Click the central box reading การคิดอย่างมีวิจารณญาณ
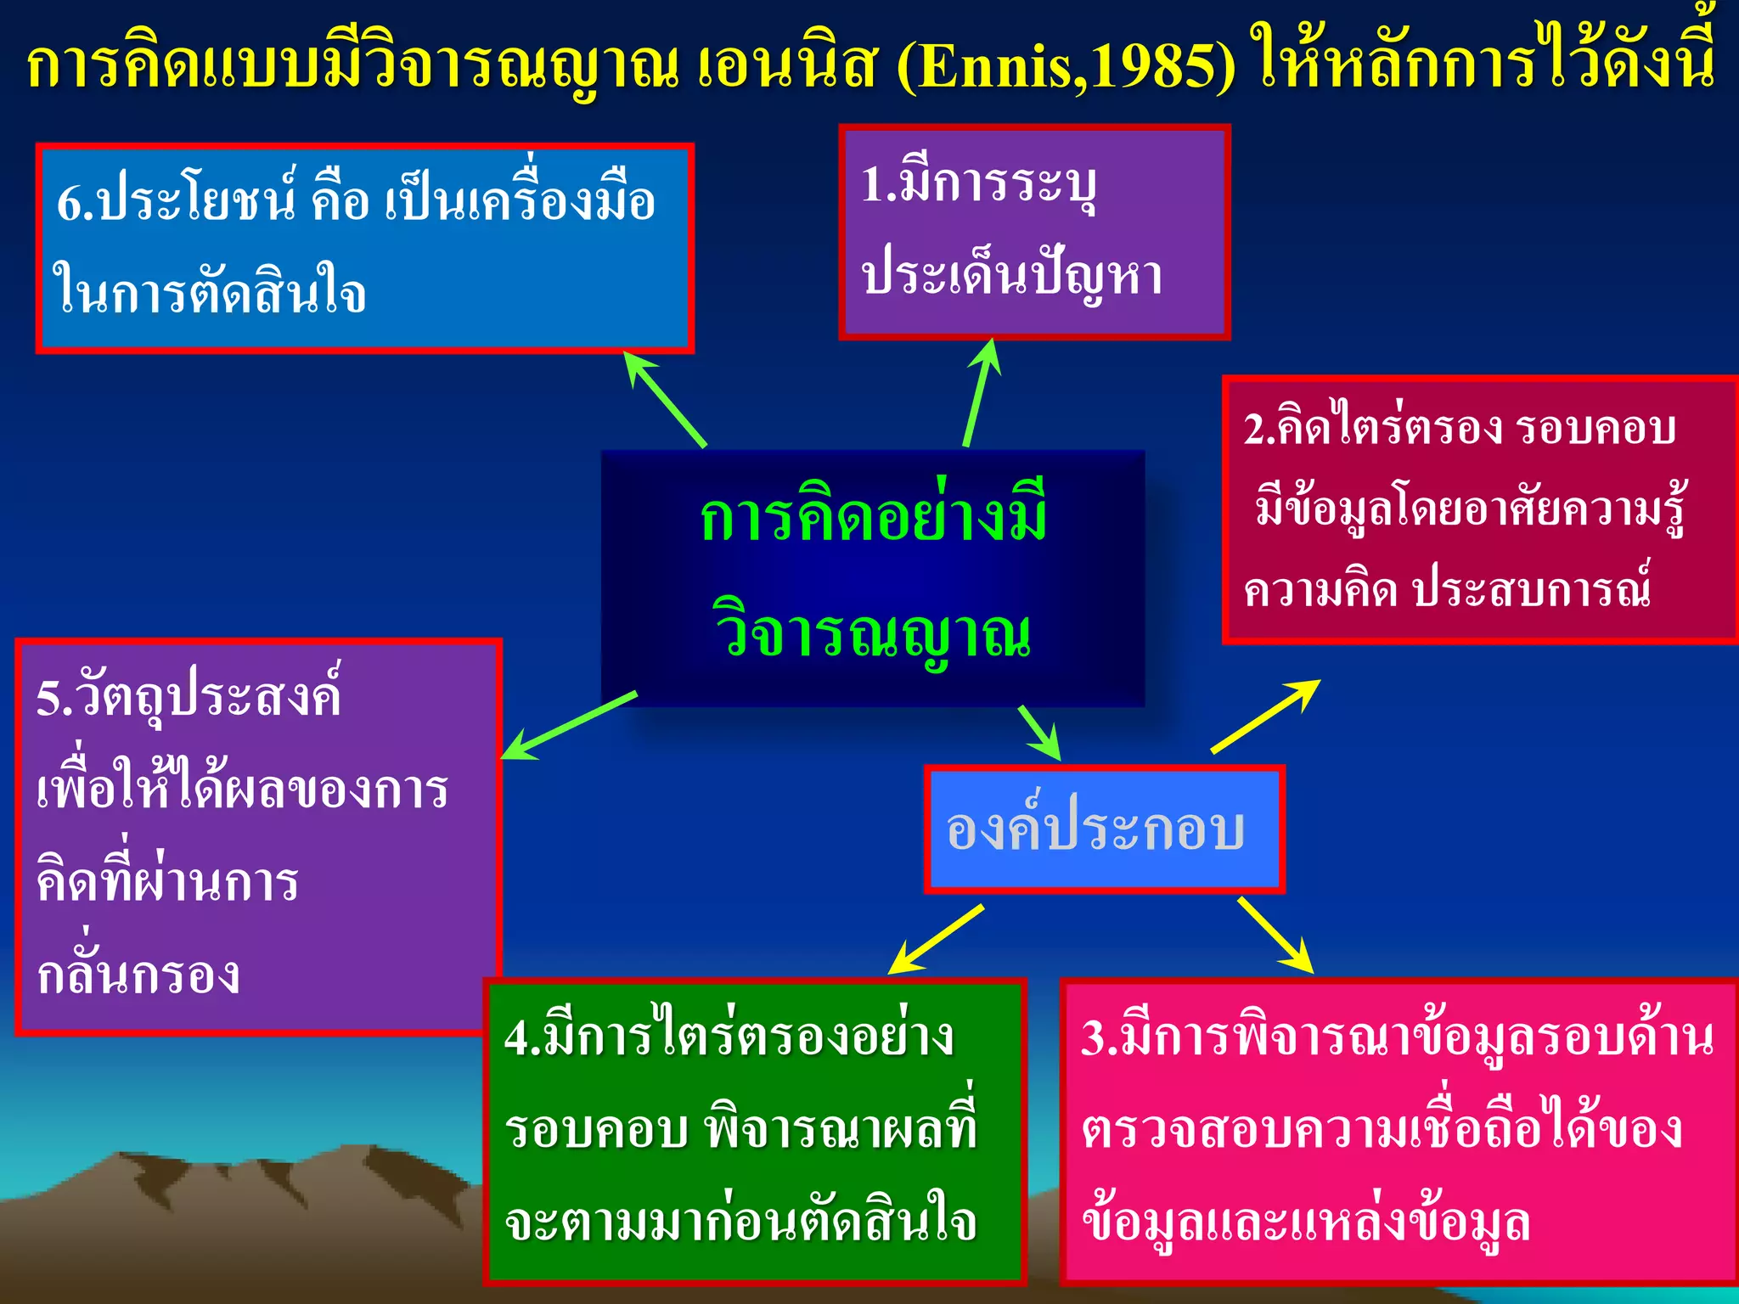coord(873,577)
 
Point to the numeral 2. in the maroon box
coord(1259,428)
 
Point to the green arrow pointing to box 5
coord(569,726)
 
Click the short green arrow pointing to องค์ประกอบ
coord(1041,732)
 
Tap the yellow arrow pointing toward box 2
coord(1265,717)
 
